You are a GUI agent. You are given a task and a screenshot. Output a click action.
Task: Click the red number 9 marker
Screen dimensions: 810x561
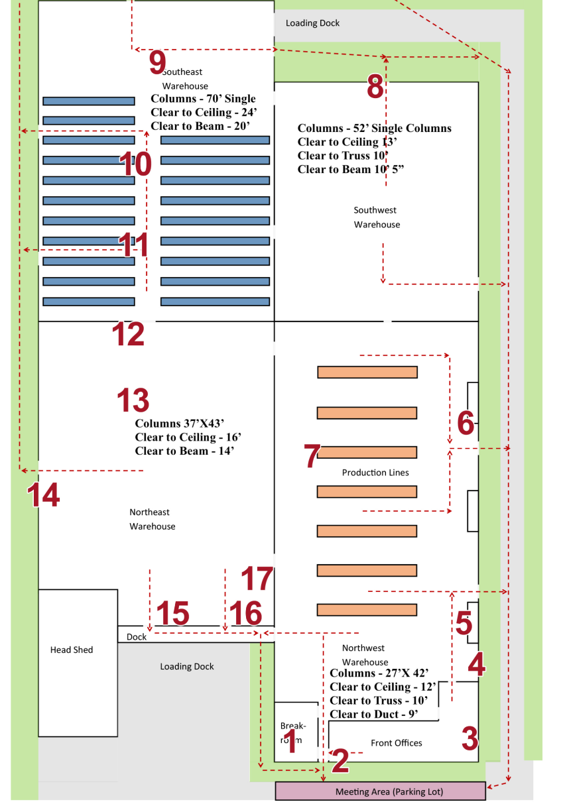click(x=157, y=63)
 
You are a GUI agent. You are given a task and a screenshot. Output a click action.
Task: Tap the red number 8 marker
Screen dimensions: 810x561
click(x=375, y=87)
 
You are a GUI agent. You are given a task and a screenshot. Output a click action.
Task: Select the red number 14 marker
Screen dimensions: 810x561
click(x=43, y=495)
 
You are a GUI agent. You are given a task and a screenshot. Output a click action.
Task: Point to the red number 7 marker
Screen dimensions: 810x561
click(x=312, y=456)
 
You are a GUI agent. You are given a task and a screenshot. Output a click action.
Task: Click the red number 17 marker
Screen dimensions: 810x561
click(x=257, y=579)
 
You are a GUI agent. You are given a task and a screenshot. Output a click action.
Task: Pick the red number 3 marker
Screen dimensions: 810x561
click(x=469, y=739)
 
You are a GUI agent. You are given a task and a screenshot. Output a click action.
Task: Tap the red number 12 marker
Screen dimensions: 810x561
click(x=129, y=334)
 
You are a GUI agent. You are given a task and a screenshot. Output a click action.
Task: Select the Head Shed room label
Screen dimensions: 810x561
click(x=72, y=650)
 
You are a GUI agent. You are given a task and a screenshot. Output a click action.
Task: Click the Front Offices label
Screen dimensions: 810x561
click(x=396, y=743)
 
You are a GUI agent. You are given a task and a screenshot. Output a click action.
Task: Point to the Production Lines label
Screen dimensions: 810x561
click(x=375, y=473)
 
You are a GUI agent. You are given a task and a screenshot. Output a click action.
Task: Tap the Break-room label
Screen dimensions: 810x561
click(x=292, y=732)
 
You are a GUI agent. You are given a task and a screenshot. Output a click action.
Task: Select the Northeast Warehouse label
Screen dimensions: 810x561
click(x=153, y=519)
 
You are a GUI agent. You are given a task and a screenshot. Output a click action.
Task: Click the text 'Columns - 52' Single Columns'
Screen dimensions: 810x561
click(x=374, y=129)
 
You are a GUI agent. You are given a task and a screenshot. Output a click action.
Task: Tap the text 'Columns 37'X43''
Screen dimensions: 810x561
click(x=180, y=424)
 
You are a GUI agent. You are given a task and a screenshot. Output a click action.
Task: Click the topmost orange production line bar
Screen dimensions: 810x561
click(x=367, y=372)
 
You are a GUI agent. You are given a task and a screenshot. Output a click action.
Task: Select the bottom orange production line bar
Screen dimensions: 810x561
click(x=367, y=609)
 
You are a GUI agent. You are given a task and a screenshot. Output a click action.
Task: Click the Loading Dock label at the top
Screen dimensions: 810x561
click(x=312, y=23)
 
